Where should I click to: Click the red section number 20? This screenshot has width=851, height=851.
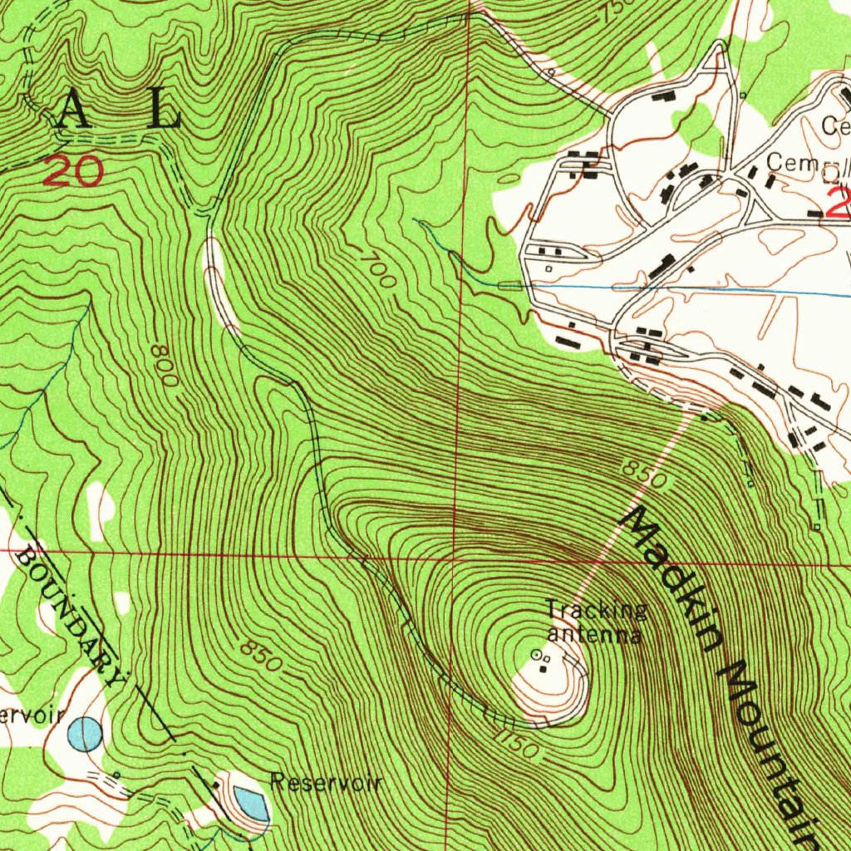[74, 172]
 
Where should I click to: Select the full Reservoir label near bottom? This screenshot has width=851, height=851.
[327, 783]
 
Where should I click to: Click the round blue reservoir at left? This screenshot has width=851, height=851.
[85, 735]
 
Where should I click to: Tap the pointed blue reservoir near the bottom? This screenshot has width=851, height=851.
[251, 803]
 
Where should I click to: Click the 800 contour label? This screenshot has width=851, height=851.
[165, 365]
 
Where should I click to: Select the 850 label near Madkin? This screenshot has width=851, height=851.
[644, 476]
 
